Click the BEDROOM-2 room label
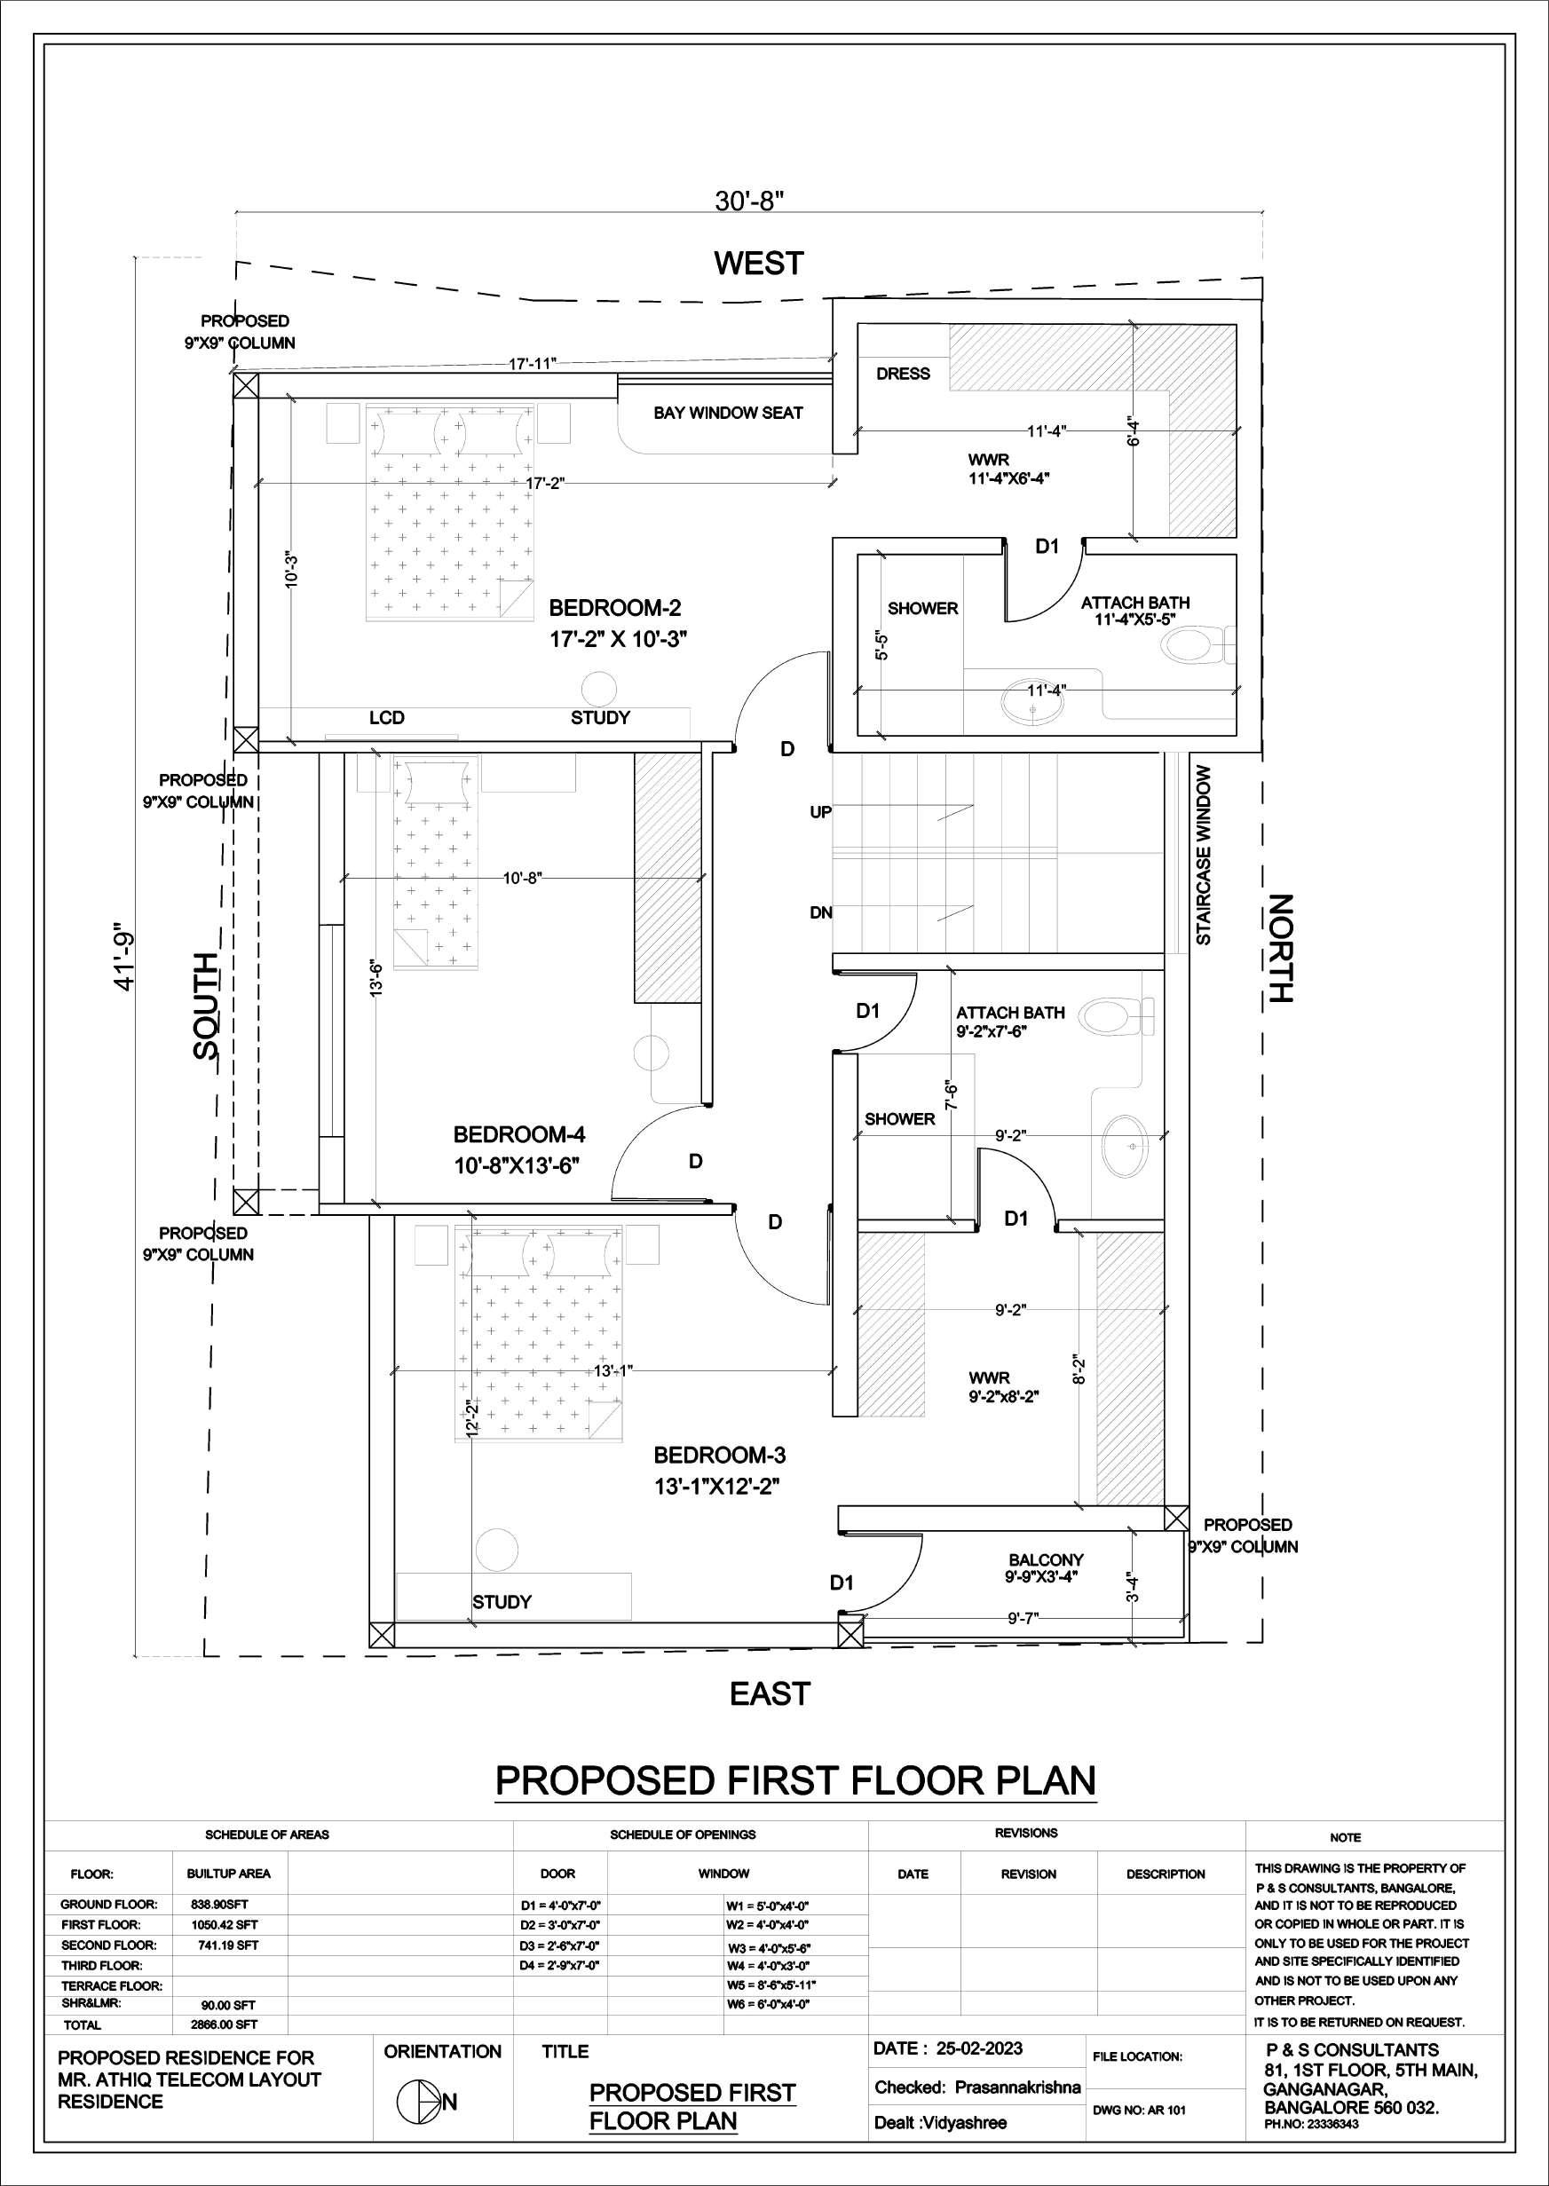[615, 608]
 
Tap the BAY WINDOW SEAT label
[728, 413]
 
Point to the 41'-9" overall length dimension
[125, 957]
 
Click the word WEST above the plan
[759, 264]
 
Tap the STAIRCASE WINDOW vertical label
[1204, 856]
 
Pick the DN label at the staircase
[820, 912]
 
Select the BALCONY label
[1046, 1560]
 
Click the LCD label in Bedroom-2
[386, 717]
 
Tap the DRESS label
[902, 374]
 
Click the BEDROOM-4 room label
[519, 1135]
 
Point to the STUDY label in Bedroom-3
[502, 1602]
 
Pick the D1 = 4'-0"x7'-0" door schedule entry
[560, 1906]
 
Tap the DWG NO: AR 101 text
[1139, 2111]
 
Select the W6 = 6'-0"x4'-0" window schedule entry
[768, 2005]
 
